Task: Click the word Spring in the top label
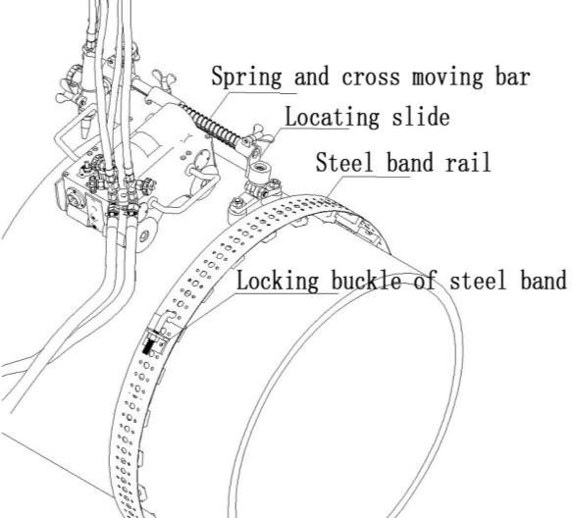pos(246,78)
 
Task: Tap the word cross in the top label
pos(371,78)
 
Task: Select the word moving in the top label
pos(447,78)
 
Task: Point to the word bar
pos(513,77)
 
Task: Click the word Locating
pos(333,118)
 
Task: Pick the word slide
pos(421,116)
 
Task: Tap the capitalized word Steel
pos(344,162)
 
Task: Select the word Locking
pos(278,281)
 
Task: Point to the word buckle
pos(366,281)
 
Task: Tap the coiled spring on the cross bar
pos(209,125)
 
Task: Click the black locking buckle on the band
pos(148,345)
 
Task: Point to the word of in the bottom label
pos(426,281)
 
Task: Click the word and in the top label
pos(312,78)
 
